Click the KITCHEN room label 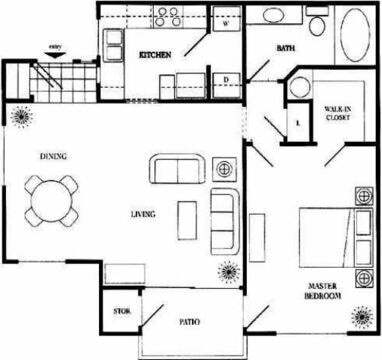tap(155, 54)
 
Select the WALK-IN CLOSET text tap(336, 113)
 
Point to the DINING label tap(53, 156)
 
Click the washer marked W tap(226, 22)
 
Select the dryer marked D tap(226, 79)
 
